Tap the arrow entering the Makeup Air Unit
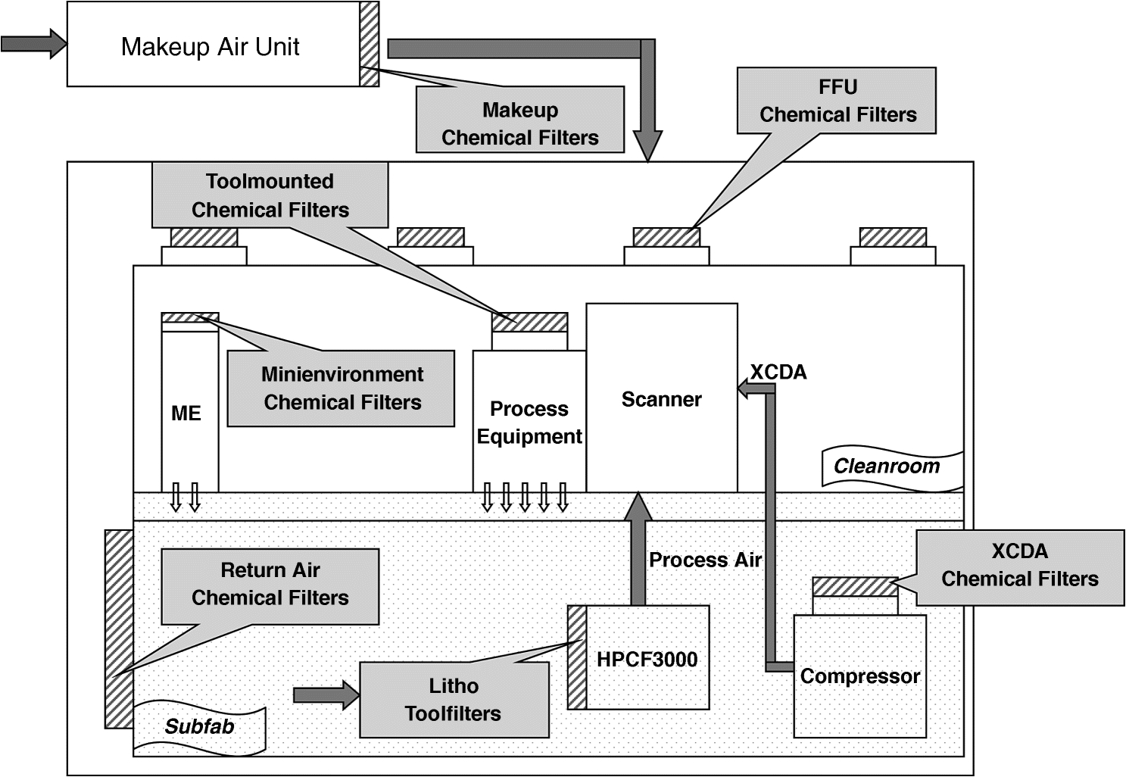coord(34,43)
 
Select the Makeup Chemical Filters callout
coord(519,123)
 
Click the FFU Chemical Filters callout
coord(837,101)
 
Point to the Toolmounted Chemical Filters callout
coord(270,195)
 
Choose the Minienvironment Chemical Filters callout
coord(342,388)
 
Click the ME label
coord(186,413)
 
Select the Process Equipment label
coord(529,423)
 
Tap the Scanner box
coord(661,399)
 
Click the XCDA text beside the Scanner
coord(778,372)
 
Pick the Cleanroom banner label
coord(887,466)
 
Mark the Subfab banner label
coord(199,727)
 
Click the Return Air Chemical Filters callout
coord(270,584)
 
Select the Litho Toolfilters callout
coord(454,700)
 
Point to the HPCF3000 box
coord(647,658)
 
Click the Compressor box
coord(859,676)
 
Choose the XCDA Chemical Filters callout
coord(1019,565)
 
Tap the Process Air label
coord(705,560)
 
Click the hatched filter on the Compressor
coord(855,586)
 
